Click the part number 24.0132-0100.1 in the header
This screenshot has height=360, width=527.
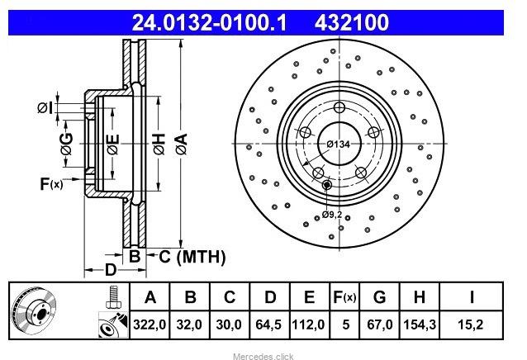click(209, 22)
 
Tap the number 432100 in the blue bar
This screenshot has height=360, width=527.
click(352, 22)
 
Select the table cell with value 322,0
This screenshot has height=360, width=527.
click(150, 324)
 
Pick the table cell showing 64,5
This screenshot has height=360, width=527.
click(268, 324)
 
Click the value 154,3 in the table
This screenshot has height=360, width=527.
click(420, 324)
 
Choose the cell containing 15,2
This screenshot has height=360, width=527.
click(471, 324)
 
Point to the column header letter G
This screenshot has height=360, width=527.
click(379, 297)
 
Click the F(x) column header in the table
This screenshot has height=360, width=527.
click(344, 297)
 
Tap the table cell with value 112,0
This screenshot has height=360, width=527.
click(309, 324)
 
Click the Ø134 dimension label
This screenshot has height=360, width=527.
click(339, 144)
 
